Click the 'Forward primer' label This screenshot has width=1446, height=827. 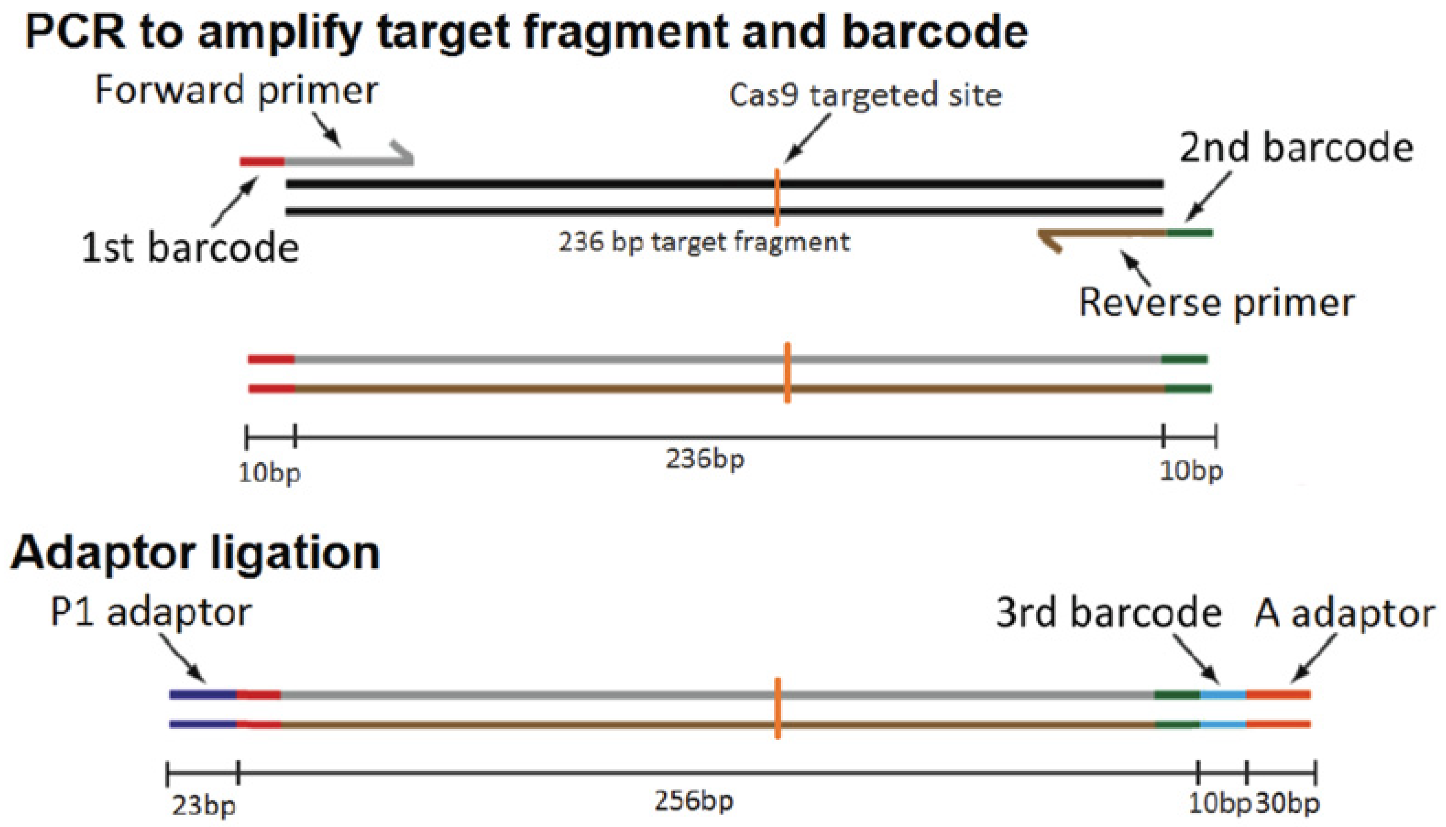[236, 91]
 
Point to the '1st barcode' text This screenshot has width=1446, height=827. [190, 248]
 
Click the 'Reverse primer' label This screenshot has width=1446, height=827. [1216, 302]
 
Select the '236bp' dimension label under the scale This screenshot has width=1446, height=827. [705, 459]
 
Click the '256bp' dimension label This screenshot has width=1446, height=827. [694, 801]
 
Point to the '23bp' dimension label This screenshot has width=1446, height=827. [203, 806]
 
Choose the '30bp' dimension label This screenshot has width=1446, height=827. [1287, 804]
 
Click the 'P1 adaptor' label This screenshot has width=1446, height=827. [151, 613]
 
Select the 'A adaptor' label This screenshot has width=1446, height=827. [1344, 614]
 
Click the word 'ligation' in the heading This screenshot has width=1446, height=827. [295, 553]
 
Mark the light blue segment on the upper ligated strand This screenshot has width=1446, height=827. [1223, 694]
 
